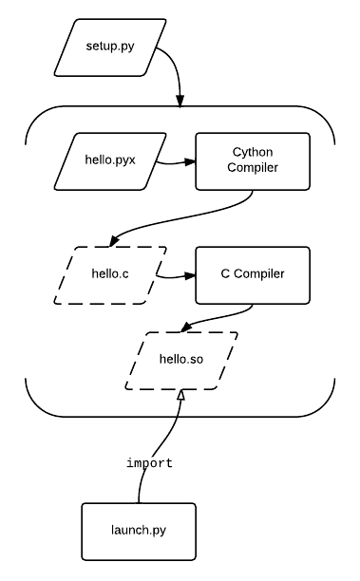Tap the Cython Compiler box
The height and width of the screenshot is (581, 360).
coord(253,160)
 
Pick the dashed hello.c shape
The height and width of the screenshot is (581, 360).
coord(110,275)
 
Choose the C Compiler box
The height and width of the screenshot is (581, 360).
coord(253,275)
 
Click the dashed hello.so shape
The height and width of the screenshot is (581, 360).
coord(180,361)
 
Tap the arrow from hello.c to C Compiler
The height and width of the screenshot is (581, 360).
coord(177,277)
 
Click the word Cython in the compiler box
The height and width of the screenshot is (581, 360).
coord(253,152)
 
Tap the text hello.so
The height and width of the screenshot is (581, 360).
coord(180,361)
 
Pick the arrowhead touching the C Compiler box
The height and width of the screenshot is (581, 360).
coord(190,276)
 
